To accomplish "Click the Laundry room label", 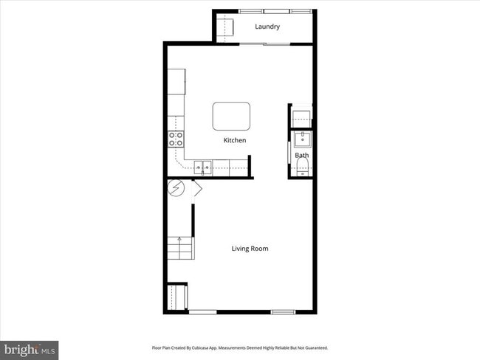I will tap(267, 27).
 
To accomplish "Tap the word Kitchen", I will tap(235, 140).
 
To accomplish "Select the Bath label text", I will tap(302, 156).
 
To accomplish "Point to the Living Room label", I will tap(250, 249).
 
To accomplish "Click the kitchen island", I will tap(232, 116).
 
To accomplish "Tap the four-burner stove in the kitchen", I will tap(176, 139).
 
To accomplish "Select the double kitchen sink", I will tap(204, 168).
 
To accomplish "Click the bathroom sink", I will tap(301, 139).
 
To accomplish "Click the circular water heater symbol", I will tap(177, 189).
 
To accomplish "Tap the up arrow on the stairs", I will tap(179, 239).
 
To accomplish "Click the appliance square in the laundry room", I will tap(224, 27).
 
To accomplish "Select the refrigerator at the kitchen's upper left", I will tap(176, 82).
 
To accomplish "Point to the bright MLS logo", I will tap(30, 349).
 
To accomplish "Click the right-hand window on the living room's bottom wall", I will tap(283, 312).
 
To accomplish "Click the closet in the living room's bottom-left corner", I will tap(176, 297).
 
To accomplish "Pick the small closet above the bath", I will tap(301, 116).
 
